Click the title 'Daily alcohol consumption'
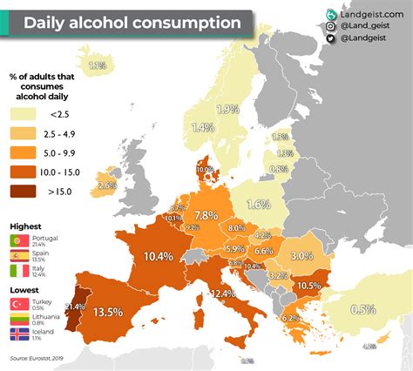coord(132,22)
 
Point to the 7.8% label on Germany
coord(206,215)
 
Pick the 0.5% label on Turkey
coord(362,309)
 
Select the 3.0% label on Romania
coord(301,256)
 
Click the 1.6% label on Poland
coord(257,205)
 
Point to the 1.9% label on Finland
coord(227,110)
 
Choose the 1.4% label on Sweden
coord(202,127)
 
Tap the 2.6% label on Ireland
coord(107,185)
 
